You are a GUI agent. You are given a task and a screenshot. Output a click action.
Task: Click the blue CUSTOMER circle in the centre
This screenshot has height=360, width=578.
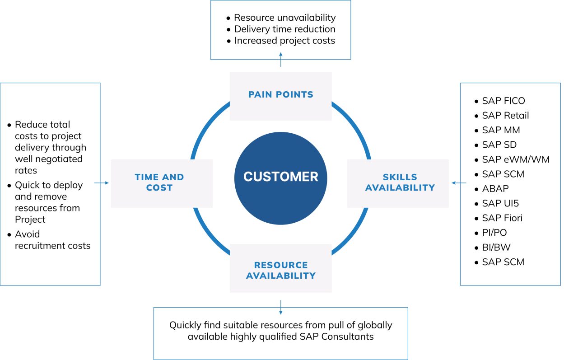point(280,176)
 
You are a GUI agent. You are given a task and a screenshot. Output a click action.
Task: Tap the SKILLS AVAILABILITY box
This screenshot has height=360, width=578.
point(398,182)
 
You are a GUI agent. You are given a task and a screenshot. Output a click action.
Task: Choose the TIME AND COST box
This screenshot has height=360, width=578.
point(161,182)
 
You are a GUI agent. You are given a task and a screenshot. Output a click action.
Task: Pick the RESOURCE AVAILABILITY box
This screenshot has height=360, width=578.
point(280,270)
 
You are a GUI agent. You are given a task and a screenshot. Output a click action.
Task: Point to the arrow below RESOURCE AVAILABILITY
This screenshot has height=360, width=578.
point(280,307)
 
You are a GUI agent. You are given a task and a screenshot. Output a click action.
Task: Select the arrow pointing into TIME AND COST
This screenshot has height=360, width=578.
point(102,183)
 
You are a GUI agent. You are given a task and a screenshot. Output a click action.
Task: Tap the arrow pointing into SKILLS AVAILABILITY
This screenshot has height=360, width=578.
point(459,183)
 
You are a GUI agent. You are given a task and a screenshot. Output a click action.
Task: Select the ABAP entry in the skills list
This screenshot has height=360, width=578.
point(495,189)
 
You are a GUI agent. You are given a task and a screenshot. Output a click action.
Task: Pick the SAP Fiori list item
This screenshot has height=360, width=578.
point(502,218)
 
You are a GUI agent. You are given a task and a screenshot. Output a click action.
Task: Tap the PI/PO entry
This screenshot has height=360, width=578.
point(494,233)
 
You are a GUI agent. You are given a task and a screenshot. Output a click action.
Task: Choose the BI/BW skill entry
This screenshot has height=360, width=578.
point(496,248)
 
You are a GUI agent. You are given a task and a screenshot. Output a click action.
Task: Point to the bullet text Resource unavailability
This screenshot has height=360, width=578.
point(284,18)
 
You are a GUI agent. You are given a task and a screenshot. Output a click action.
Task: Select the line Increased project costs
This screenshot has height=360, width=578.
point(284,41)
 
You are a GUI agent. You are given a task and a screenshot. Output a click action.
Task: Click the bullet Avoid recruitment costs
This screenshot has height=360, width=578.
point(52,240)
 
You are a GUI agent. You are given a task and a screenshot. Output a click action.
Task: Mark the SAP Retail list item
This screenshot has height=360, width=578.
point(505,116)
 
